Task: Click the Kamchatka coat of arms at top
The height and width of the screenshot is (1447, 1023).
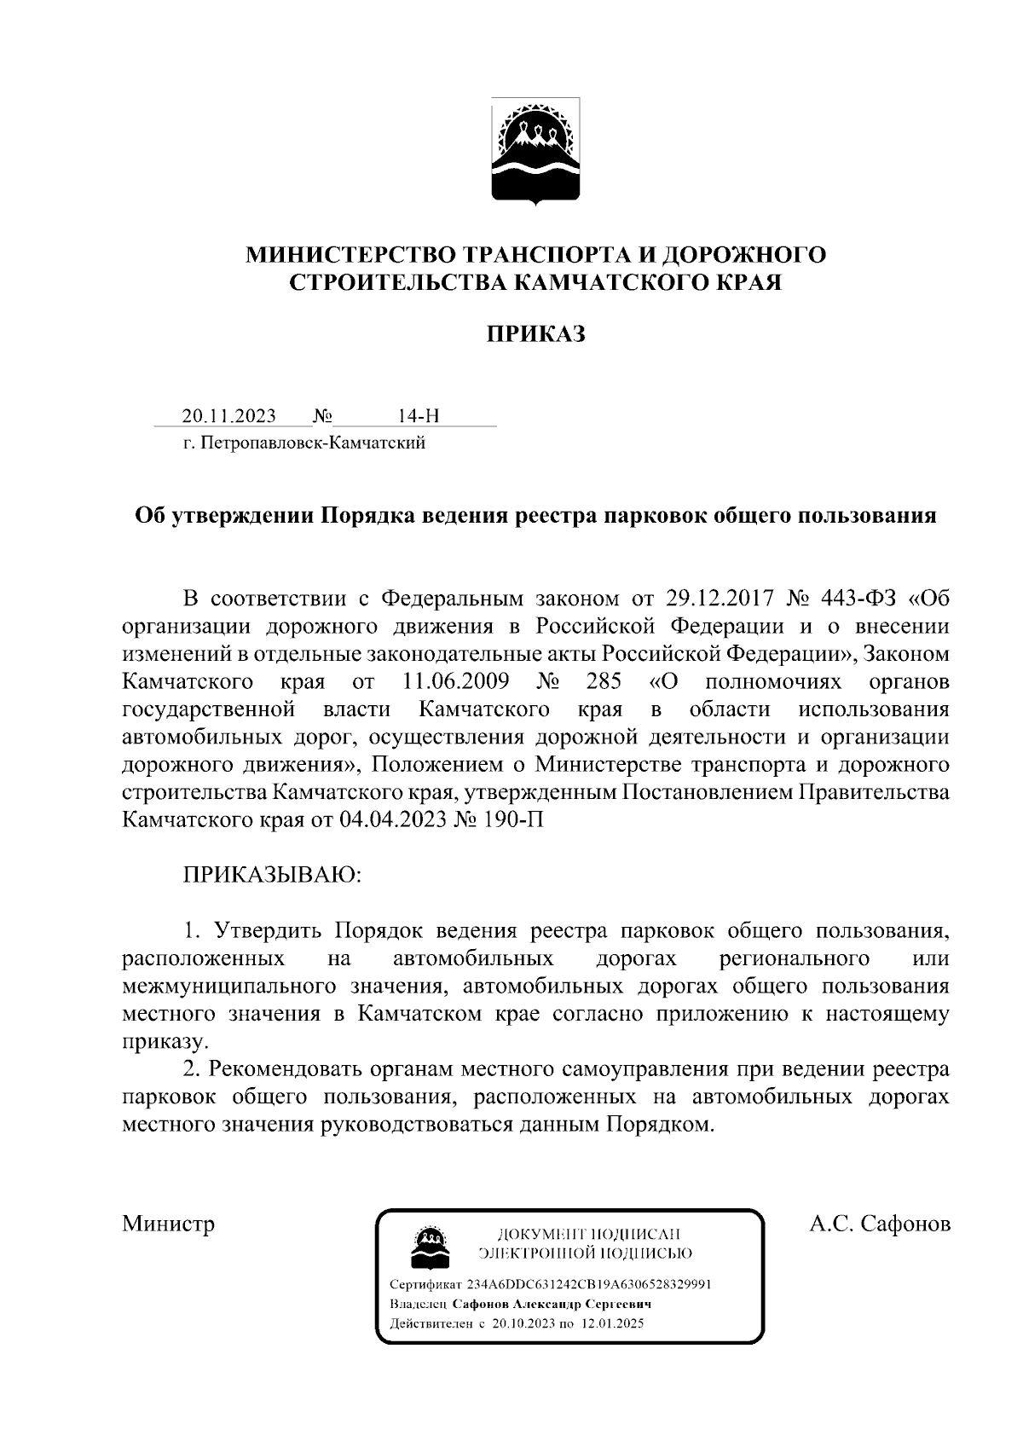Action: pyautogui.click(x=535, y=152)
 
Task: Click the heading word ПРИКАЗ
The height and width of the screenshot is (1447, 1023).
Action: pyautogui.click(x=535, y=334)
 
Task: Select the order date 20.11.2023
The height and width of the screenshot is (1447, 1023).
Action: pyautogui.click(x=228, y=416)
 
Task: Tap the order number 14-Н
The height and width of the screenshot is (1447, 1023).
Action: pyautogui.click(x=419, y=416)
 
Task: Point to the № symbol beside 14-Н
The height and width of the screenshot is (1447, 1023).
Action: pyautogui.click(x=322, y=416)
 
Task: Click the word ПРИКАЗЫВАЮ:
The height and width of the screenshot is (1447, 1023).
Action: pyautogui.click(x=271, y=875)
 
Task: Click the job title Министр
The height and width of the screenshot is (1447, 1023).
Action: pyautogui.click(x=168, y=1224)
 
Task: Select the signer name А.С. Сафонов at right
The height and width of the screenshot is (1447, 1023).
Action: pyautogui.click(x=880, y=1224)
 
